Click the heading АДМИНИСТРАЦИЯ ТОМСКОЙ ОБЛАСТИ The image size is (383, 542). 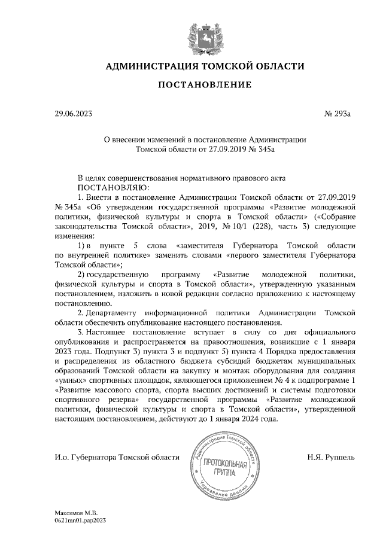point(205,66)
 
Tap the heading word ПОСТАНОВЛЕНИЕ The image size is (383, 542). point(205,86)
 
